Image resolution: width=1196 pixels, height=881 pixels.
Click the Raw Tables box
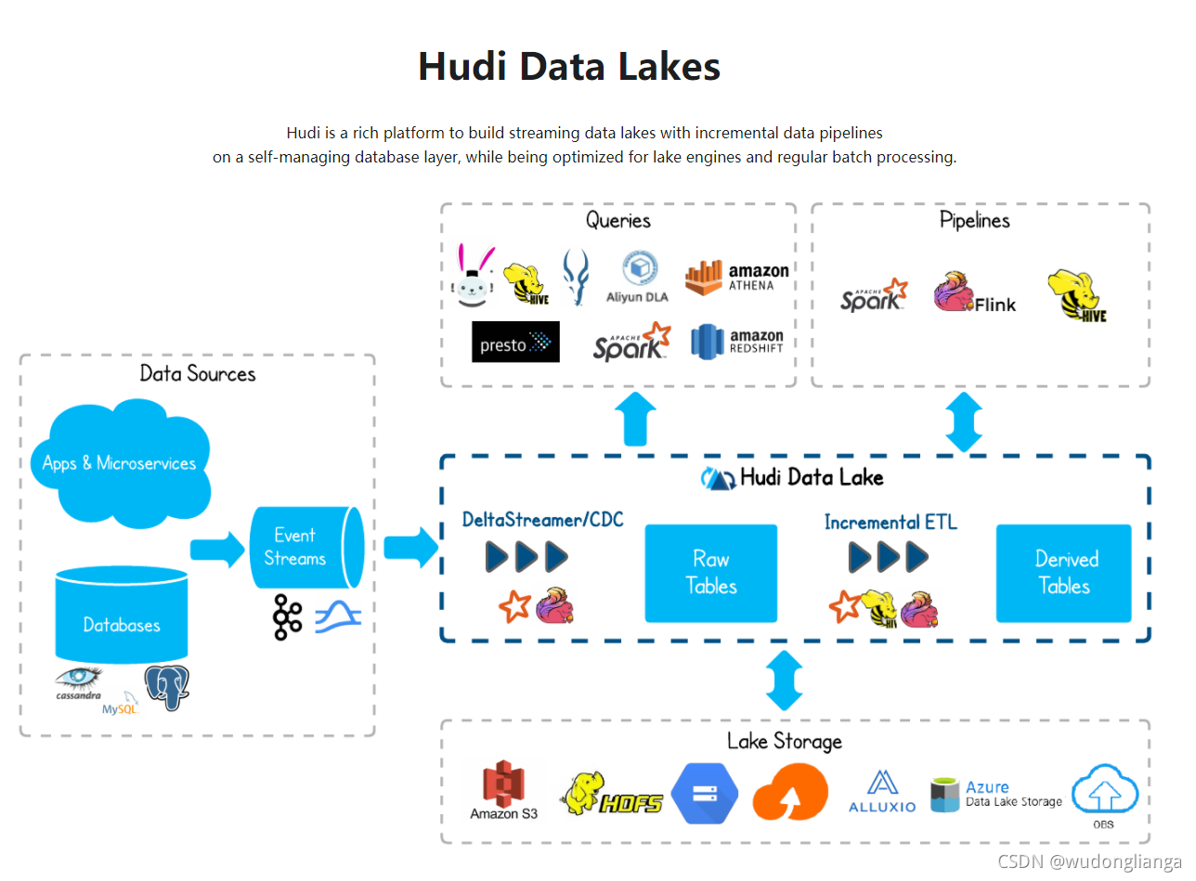[710, 573]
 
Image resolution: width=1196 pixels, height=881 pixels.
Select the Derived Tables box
[1063, 573]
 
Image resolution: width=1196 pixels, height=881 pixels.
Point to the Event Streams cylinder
[303, 548]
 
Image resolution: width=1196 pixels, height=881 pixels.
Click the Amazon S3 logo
[503, 790]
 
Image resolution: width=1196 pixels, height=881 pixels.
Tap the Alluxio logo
[881, 791]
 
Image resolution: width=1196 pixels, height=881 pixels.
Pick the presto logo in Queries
[515, 342]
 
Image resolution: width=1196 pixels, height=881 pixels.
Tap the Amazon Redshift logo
[737, 342]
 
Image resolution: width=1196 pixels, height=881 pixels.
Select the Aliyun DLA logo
[638, 277]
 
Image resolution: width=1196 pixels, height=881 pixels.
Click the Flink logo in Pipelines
[974, 292]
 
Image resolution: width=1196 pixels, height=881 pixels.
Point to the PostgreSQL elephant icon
[166, 688]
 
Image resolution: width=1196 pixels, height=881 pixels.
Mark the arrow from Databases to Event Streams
[214, 549]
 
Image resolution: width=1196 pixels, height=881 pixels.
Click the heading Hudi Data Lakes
[569, 67]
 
